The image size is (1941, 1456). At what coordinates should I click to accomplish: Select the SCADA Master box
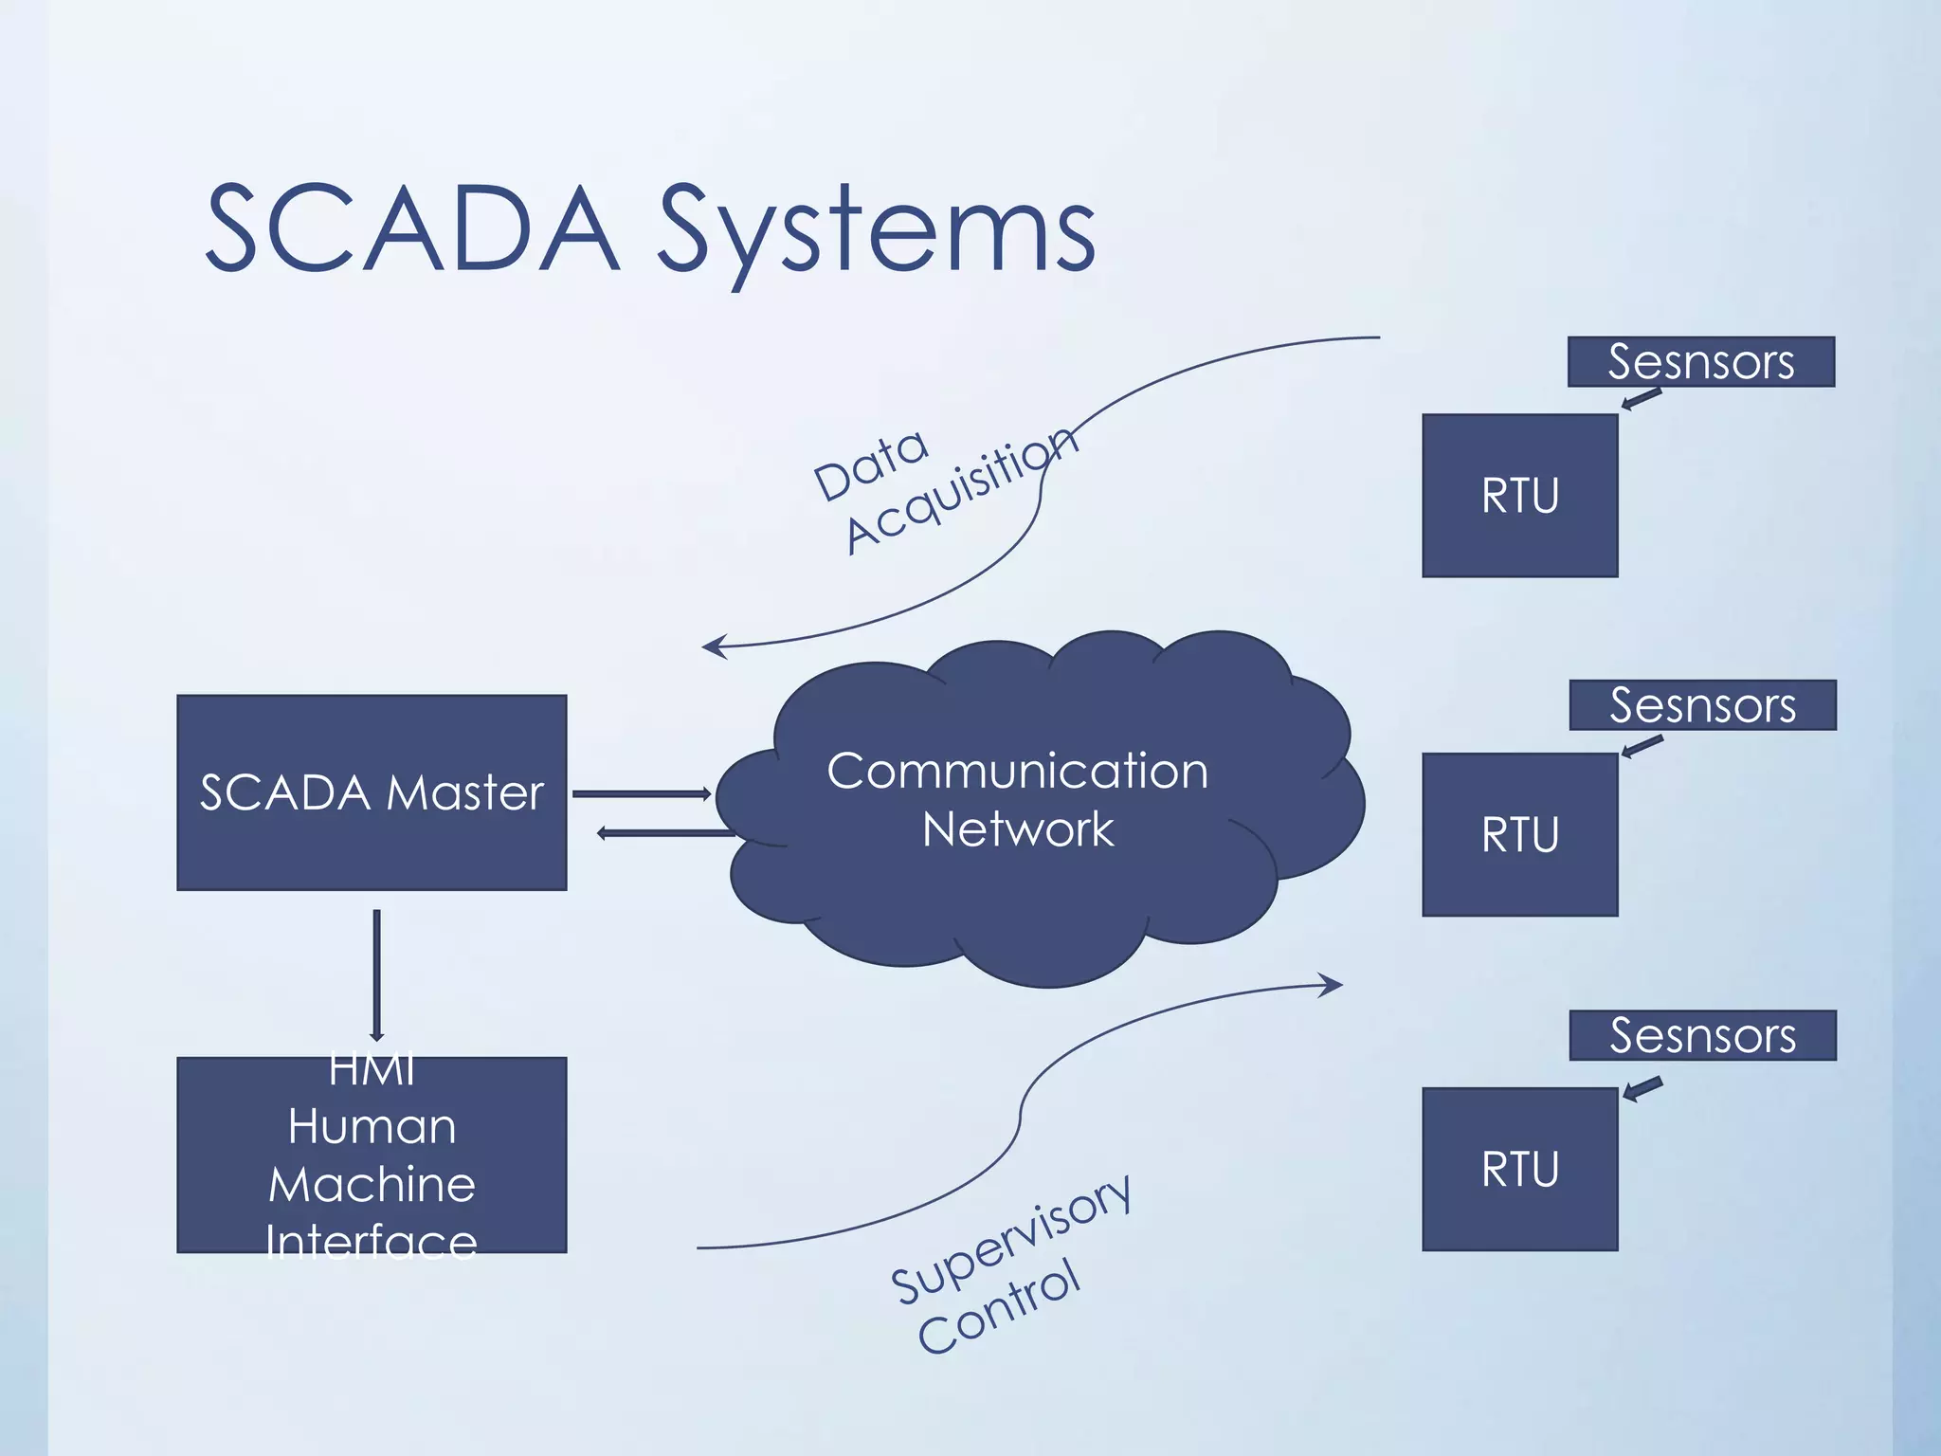point(372,792)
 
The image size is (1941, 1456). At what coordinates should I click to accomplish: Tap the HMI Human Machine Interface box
point(372,1156)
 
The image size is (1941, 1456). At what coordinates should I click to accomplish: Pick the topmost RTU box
point(1519,496)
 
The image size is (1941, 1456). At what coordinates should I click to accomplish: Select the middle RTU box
point(1519,834)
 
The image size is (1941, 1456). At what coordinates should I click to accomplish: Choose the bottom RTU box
point(1519,1169)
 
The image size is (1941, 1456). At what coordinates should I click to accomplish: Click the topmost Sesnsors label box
point(1700,361)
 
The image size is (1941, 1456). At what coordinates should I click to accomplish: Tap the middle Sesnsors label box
point(1702,705)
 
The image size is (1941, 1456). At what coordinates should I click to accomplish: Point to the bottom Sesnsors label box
point(1702,1035)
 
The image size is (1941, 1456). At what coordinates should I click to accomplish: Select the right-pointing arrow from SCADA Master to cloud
point(642,793)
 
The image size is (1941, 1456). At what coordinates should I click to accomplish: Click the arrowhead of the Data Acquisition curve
point(711,647)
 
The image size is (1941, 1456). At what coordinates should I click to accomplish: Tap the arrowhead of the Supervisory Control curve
point(1334,986)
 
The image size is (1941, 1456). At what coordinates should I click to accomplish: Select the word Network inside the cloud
point(1018,829)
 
